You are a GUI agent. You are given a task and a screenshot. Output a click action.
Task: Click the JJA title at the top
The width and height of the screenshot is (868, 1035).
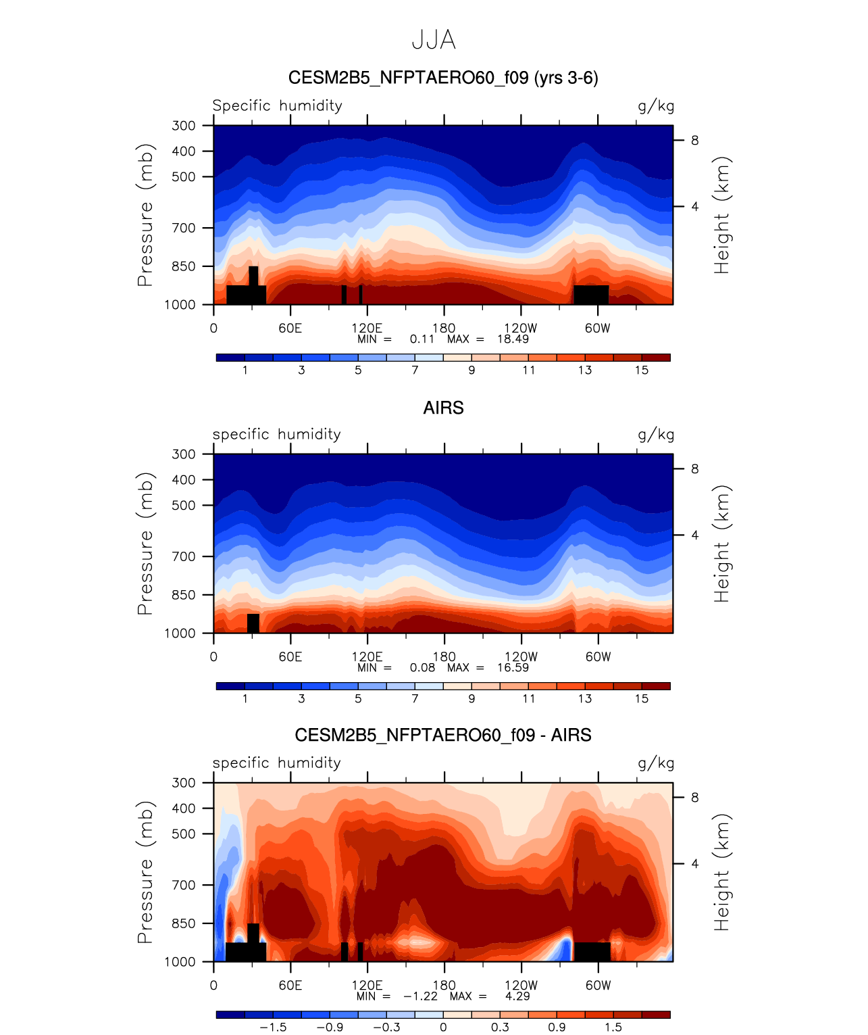click(434, 40)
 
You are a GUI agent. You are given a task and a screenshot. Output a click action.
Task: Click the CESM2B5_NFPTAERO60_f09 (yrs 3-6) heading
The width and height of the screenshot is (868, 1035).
click(443, 78)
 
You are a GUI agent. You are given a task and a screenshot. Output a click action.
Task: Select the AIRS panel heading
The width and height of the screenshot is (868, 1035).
click(443, 408)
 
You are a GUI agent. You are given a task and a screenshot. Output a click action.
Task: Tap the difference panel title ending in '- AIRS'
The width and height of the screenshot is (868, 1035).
click(443, 735)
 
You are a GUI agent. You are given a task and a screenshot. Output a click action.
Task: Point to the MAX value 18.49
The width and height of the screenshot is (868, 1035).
click(513, 339)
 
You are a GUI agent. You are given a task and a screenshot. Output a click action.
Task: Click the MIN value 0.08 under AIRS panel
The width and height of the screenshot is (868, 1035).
click(422, 667)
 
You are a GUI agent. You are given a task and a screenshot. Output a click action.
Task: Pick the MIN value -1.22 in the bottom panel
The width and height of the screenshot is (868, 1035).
click(420, 996)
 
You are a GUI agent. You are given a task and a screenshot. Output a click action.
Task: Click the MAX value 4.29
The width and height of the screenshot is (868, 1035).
click(517, 996)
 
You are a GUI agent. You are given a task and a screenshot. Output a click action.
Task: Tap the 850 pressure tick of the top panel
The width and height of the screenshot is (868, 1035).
click(183, 266)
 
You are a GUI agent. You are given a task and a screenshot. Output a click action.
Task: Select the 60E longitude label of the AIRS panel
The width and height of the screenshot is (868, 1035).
click(290, 656)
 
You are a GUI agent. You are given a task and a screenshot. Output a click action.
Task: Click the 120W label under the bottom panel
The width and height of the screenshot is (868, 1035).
click(521, 985)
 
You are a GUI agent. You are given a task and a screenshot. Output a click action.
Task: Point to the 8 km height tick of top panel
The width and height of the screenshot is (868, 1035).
click(694, 141)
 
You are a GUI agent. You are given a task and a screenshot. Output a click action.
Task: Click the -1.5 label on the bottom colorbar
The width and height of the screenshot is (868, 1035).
click(273, 1027)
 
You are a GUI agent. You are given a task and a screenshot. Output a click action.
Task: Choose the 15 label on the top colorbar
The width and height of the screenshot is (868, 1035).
click(642, 370)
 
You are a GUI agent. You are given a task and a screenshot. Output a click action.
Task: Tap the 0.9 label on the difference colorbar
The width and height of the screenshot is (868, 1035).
click(557, 1027)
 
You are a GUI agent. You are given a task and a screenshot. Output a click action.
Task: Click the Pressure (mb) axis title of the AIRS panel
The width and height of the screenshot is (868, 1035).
click(145, 544)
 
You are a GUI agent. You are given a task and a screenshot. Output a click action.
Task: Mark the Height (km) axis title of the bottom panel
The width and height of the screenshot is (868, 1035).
click(722, 872)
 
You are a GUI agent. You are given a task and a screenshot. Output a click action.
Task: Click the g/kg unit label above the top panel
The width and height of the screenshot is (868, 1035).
click(656, 105)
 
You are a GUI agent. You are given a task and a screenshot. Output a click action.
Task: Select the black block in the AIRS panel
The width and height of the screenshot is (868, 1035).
click(253, 623)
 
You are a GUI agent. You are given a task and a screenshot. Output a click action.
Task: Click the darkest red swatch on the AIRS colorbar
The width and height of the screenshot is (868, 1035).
click(656, 686)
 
